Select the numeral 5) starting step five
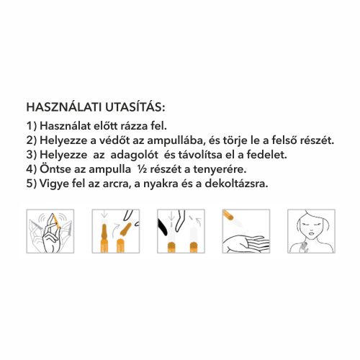(30, 183)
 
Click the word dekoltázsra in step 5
(238, 183)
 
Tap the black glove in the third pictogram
(167, 226)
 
